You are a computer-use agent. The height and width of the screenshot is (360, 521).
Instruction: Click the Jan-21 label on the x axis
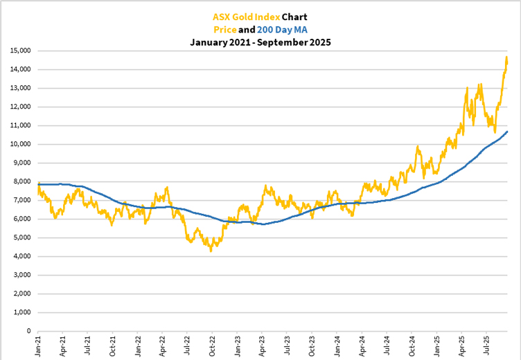pyautogui.click(x=39, y=345)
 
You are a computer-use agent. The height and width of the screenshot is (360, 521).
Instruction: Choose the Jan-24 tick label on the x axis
pyautogui.click(x=335, y=345)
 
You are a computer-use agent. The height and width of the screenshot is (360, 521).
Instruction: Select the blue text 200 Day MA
pyautogui.click(x=282, y=29)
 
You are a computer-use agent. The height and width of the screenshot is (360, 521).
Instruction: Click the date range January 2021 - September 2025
pyautogui.click(x=260, y=42)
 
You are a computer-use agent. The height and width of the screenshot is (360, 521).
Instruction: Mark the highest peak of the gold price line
pyautogui.click(x=506, y=57)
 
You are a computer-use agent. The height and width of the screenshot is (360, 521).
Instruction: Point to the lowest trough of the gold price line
pyautogui.click(x=211, y=250)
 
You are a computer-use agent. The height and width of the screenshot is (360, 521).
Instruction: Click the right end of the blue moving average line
pyautogui.click(x=508, y=132)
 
